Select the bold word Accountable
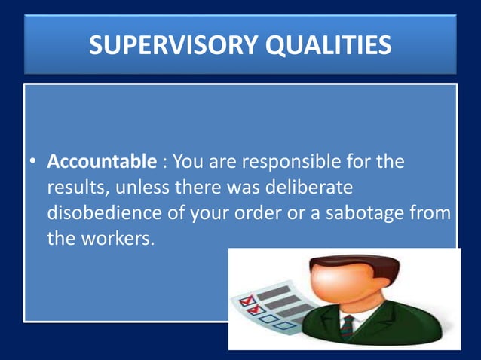tap(102, 162)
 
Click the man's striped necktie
tap(348, 326)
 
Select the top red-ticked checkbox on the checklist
tap(244, 301)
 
